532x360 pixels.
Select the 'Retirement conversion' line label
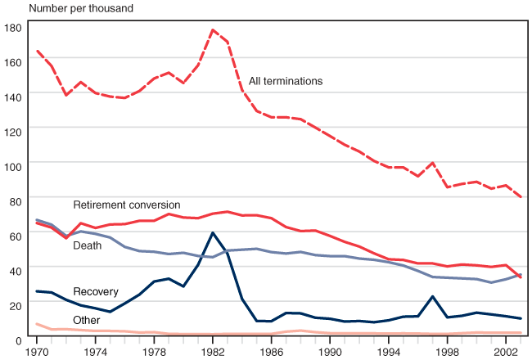click(127, 204)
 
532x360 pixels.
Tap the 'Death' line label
click(88, 245)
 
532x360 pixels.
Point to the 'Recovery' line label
click(96, 292)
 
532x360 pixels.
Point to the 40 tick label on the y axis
click(15, 269)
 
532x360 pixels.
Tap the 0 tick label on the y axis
click(18, 339)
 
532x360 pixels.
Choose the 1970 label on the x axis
click(37, 351)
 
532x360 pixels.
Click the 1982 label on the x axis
click(213, 351)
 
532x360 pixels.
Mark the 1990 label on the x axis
click(331, 351)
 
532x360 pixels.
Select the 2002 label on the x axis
click(507, 351)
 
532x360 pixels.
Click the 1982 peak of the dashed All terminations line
click(213, 30)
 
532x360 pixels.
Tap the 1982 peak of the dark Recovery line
click(213, 233)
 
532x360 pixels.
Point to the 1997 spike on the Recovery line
click(433, 296)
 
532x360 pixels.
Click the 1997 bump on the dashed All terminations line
click(433, 163)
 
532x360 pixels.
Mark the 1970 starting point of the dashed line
click(37, 51)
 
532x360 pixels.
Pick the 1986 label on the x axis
click(272, 351)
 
